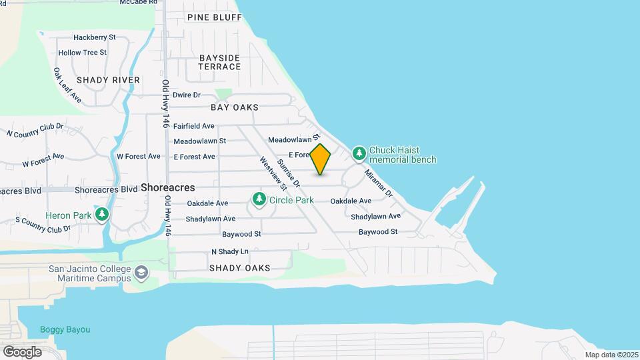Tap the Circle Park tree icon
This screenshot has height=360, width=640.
(259, 199)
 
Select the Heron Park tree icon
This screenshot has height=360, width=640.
(102, 215)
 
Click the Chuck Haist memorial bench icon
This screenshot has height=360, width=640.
(359, 154)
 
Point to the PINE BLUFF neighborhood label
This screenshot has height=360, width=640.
(214, 17)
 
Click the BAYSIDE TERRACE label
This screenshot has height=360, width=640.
(219, 62)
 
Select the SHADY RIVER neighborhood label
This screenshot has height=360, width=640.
(108, 80)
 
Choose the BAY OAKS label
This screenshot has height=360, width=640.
(234, 107)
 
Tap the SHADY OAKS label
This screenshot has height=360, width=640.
(239, 268)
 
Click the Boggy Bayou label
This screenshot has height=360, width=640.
(65, 329)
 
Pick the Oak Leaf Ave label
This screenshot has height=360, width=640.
(67, 85)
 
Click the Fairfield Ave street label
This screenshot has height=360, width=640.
(193, 125)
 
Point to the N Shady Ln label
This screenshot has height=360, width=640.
(229, 251)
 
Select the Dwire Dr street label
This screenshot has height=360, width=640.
(186, 95)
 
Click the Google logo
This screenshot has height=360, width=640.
(21, 351)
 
